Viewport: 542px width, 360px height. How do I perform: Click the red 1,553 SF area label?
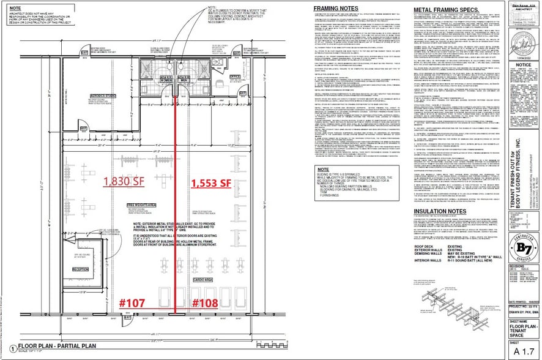(211, 183)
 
